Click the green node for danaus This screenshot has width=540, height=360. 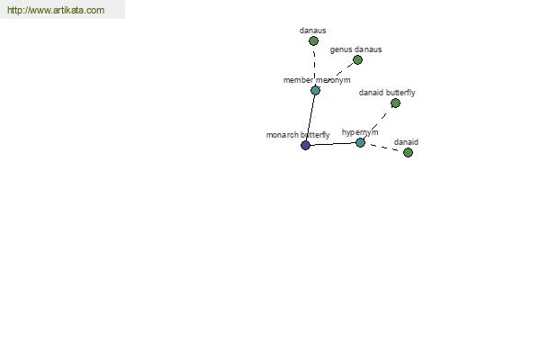(x=313, y=41)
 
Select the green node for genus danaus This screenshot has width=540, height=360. (x=357, y=60)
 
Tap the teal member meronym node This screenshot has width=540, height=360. (x=315, y=90)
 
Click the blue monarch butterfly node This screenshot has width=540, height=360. (x=305, y=146)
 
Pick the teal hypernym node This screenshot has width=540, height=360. (x=360, y=142)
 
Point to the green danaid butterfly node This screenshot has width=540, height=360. (x=395, y=103)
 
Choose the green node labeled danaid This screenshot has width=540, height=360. (x=408, y=152)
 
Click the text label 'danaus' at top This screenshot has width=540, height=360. (x=312, y=31)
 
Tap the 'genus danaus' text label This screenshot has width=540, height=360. (x=355, y=49)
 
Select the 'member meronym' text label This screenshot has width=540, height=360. (x=317, y=80)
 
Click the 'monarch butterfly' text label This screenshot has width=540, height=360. (x=298, y=135)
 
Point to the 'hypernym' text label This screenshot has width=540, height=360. (x=360, y=132)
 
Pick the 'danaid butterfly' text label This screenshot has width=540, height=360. (x=387, y=93)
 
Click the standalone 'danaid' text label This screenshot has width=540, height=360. (x=406, y=142)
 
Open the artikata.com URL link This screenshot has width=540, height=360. (x=56, y=10)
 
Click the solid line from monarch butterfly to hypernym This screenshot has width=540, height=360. (x=333, y=144)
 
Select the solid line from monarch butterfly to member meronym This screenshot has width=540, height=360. (x=310, y=118)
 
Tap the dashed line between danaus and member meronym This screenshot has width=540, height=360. (x=314, y=66)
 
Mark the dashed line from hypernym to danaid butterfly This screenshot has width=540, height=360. (x=378, y=122)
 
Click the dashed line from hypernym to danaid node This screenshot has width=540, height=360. (x=384, y=148)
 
